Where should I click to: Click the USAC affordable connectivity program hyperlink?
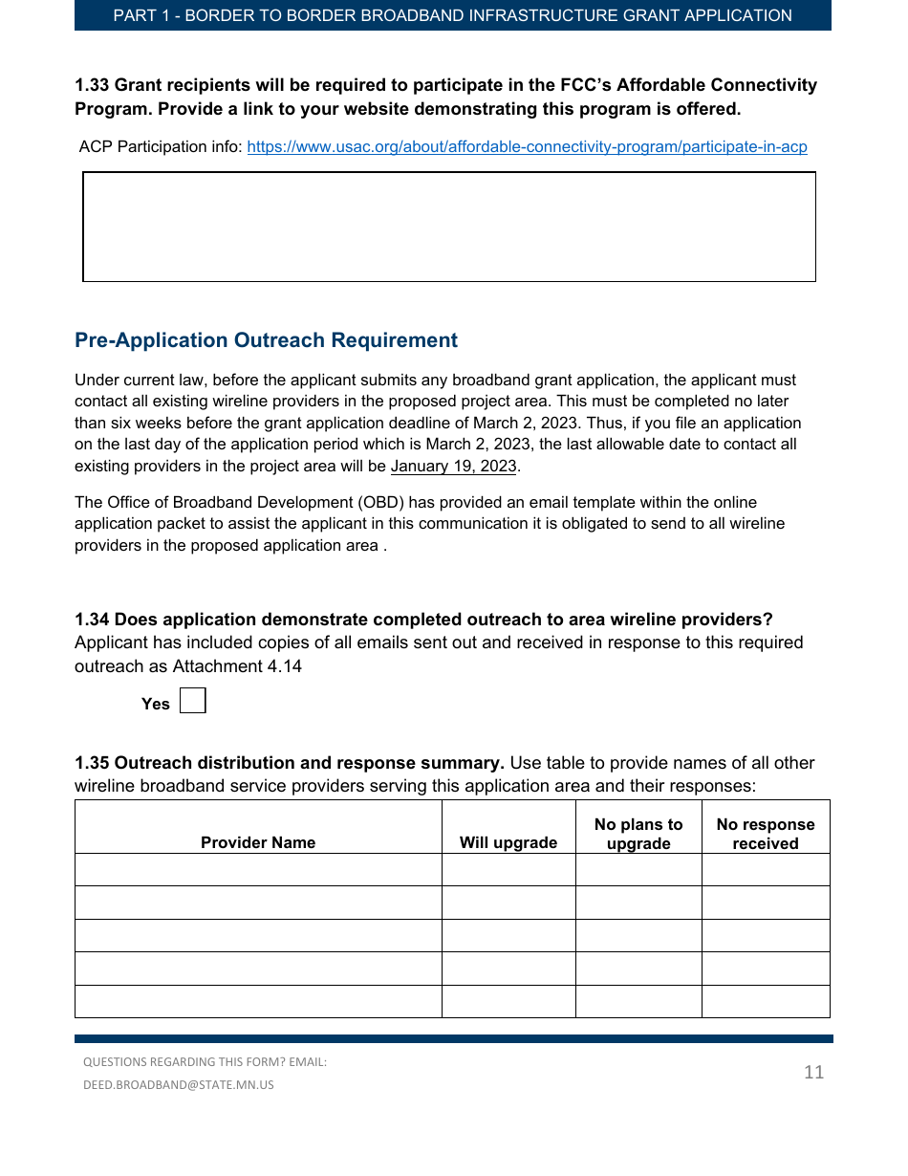click(527, 147)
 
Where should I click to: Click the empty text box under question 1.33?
click(449, 227)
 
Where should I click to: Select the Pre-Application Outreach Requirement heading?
click(266, 340)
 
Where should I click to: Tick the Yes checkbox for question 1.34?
click(193, 702)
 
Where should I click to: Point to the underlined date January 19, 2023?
click(453, 467)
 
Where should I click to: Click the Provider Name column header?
click(258, 842)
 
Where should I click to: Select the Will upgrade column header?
click(508, 842)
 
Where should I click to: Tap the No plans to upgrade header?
click(638, 834)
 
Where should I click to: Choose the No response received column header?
click(766, 834)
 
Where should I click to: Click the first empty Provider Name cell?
click(258, 870)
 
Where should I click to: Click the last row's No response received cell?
click(766, 1001)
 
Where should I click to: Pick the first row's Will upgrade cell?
click(508, 870)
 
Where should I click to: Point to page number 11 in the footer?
click(813, 1072)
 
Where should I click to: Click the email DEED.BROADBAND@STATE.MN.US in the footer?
click(179, 1085)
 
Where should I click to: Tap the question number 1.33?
click(93, 85)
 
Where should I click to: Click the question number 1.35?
click(93, 763)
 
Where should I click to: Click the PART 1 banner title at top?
click(452, 15)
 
